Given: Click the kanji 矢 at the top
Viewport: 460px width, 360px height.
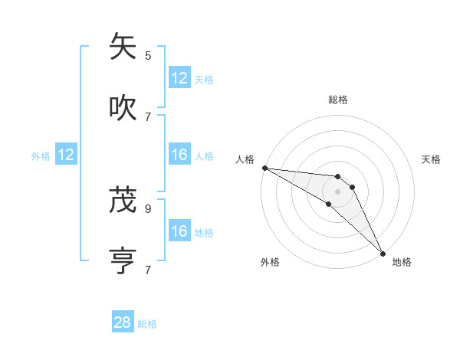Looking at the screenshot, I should pyautogui.click(x=123, y=47).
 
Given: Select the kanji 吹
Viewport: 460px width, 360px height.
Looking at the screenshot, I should pyautogui.click(x=123, y=108).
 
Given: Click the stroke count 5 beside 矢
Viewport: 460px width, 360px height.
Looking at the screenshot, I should pyautogui.click(x=148, y=55).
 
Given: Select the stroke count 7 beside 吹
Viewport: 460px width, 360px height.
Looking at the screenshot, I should pyautogui.click(x=148, y=116).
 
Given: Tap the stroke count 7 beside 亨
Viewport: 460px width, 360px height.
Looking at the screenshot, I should pyautogui.click(x=148, y=270).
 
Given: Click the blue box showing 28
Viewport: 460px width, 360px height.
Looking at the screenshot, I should pyautogui.click(x=123, y=322).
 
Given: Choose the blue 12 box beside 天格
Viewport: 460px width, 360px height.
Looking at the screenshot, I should pyautogui.click(x=179, y=78).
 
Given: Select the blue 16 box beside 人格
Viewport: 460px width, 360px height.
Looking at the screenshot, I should pyautogui.click(x=179, y=155).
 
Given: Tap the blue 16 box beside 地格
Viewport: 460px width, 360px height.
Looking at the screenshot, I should pyautogui.click(x=179, y=231).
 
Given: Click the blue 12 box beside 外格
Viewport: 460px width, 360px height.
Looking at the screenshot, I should pyautogui.click(x=66, y=155).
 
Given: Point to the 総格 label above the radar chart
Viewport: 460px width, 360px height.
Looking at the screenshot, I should pyautogui.click(x=338, y=100).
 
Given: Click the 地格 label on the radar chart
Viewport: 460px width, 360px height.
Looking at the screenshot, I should pyautogui.click(x=402, y=262).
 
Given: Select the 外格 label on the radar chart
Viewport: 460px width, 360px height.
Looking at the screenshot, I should pyautogui.click(x=270, y=262).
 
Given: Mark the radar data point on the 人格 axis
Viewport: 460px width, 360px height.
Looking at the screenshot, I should pyautogui.click(x=264, y=168).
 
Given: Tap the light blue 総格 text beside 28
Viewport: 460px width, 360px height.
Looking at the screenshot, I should pyautogui.click(x=147, y=324).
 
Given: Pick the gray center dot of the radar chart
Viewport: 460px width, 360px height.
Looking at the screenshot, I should pyautogui.click(x=337, y=191).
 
